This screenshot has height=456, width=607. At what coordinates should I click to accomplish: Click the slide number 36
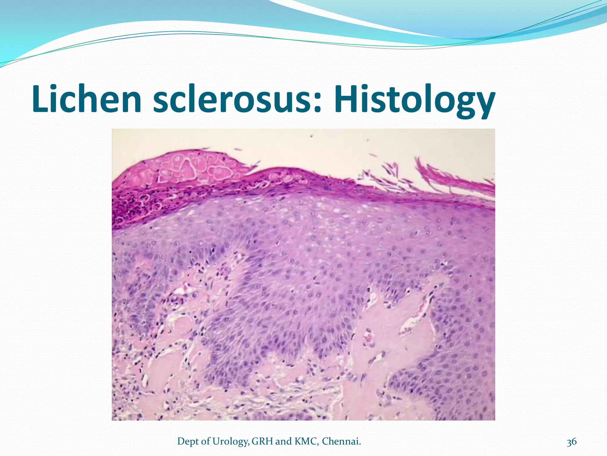pyautogui.click(x=571, y=442)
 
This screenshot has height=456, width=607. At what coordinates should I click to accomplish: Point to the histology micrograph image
pyautogui.click(x=303, y=274)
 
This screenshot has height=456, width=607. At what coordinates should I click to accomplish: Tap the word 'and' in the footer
pyautogui.click(x=284, y=441)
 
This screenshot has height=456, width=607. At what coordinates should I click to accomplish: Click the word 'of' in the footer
pyautogui.click(x=206, y=441)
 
